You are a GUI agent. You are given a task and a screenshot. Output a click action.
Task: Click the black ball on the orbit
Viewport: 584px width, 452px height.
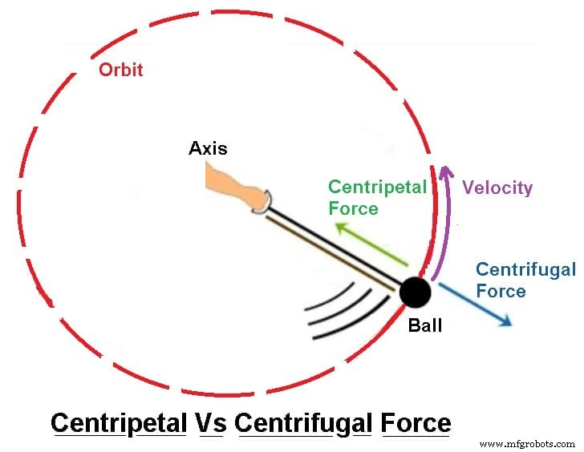415,293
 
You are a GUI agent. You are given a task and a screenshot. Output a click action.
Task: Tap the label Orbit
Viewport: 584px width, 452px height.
120,70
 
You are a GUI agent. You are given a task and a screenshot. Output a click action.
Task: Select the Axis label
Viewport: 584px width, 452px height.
208,148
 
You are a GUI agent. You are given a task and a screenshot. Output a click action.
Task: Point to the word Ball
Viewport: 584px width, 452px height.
425,326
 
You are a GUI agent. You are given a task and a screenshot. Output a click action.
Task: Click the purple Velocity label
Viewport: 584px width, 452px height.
497,188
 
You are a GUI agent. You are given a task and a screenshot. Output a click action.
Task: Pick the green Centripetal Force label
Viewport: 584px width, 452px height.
377,197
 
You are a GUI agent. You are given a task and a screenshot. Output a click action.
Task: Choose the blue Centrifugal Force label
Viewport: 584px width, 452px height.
525,280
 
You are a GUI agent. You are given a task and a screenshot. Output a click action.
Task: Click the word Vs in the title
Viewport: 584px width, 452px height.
211,422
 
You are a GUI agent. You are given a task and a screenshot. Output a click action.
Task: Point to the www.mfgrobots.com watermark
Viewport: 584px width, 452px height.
525,442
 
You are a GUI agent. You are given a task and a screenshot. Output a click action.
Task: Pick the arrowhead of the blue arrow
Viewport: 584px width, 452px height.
505,321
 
